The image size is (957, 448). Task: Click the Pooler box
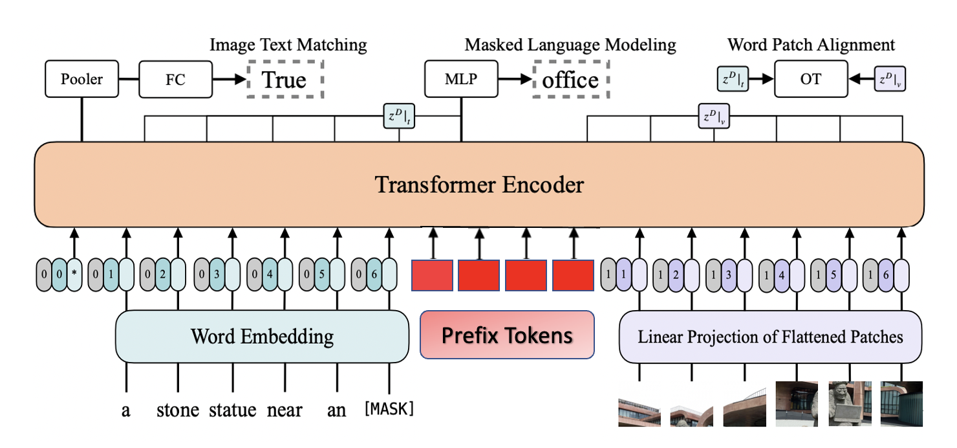coord(81,80)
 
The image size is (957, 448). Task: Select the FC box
coord(175,80)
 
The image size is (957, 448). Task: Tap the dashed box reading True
coord(285,80)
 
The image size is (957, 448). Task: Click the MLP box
coord(460,80)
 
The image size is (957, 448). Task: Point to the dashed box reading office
coord(571,80)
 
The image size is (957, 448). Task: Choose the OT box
coord(810,80)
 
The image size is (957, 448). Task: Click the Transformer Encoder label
coord(479,185)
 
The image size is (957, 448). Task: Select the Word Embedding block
coord(262,337)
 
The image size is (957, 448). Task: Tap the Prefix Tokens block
coord(507,335)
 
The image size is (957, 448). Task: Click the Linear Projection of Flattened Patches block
coord(770,337)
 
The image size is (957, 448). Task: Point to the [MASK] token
coord(389,410)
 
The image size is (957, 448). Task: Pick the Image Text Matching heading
coord(288,45)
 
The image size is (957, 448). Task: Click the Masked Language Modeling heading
coord(570,45)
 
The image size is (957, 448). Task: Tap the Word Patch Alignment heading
coord(811,45)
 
